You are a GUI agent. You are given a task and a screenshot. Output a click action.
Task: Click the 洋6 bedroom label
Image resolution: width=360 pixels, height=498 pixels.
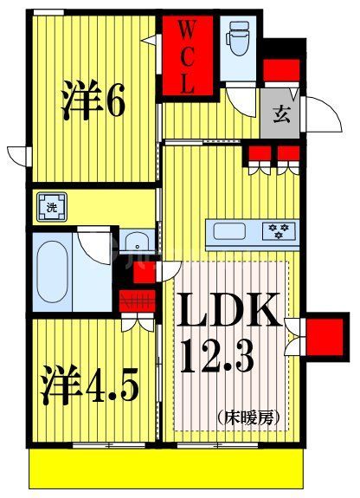coord(93,101)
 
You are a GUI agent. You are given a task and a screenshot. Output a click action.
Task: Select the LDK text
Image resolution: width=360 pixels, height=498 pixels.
coord(230,310)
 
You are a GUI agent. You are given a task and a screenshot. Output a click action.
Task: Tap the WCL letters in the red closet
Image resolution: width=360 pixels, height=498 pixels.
coord(186,57)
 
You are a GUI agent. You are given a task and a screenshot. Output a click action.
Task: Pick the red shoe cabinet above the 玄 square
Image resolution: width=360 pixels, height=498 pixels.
coord(280,70)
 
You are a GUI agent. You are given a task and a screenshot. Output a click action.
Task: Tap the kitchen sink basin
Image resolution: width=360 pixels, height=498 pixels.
coord(231,231)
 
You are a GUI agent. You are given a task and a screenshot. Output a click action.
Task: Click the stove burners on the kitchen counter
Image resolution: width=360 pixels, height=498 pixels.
coord(280,231)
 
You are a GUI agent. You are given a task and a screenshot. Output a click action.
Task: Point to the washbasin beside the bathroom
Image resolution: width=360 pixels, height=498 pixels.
coord(133,242)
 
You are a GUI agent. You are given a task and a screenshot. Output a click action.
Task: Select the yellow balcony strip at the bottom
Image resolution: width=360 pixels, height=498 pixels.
coord(169,468)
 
